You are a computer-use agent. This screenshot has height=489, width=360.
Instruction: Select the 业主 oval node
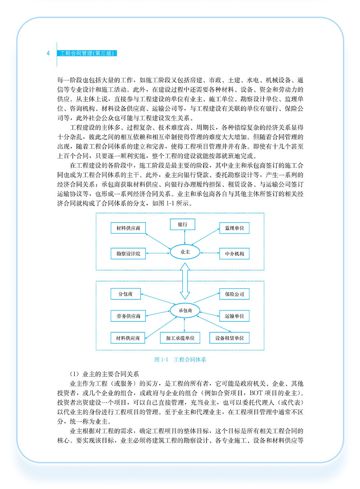point(184,253)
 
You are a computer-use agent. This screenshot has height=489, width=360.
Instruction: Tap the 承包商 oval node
point(184,310)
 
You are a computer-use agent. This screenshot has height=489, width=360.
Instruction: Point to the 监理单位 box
point(234,228)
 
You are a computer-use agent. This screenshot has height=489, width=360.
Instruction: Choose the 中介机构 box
point(234,254)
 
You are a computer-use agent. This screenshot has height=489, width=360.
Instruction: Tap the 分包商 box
point(126,294)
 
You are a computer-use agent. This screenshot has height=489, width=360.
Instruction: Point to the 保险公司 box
point(234,294)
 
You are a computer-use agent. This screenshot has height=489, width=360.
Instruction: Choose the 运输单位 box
point(234,316)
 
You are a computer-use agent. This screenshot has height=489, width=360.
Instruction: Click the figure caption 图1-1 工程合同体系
point(180,359)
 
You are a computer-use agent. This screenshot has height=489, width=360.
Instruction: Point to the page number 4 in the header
point(48,53)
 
